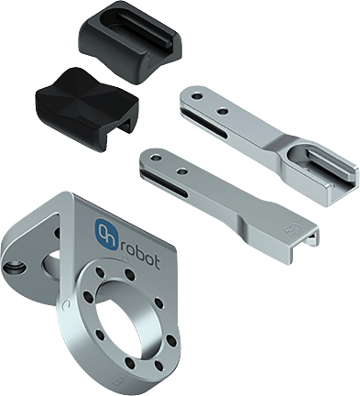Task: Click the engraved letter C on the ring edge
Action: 64,305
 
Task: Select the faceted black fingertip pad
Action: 87,108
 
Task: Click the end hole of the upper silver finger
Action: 197,97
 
